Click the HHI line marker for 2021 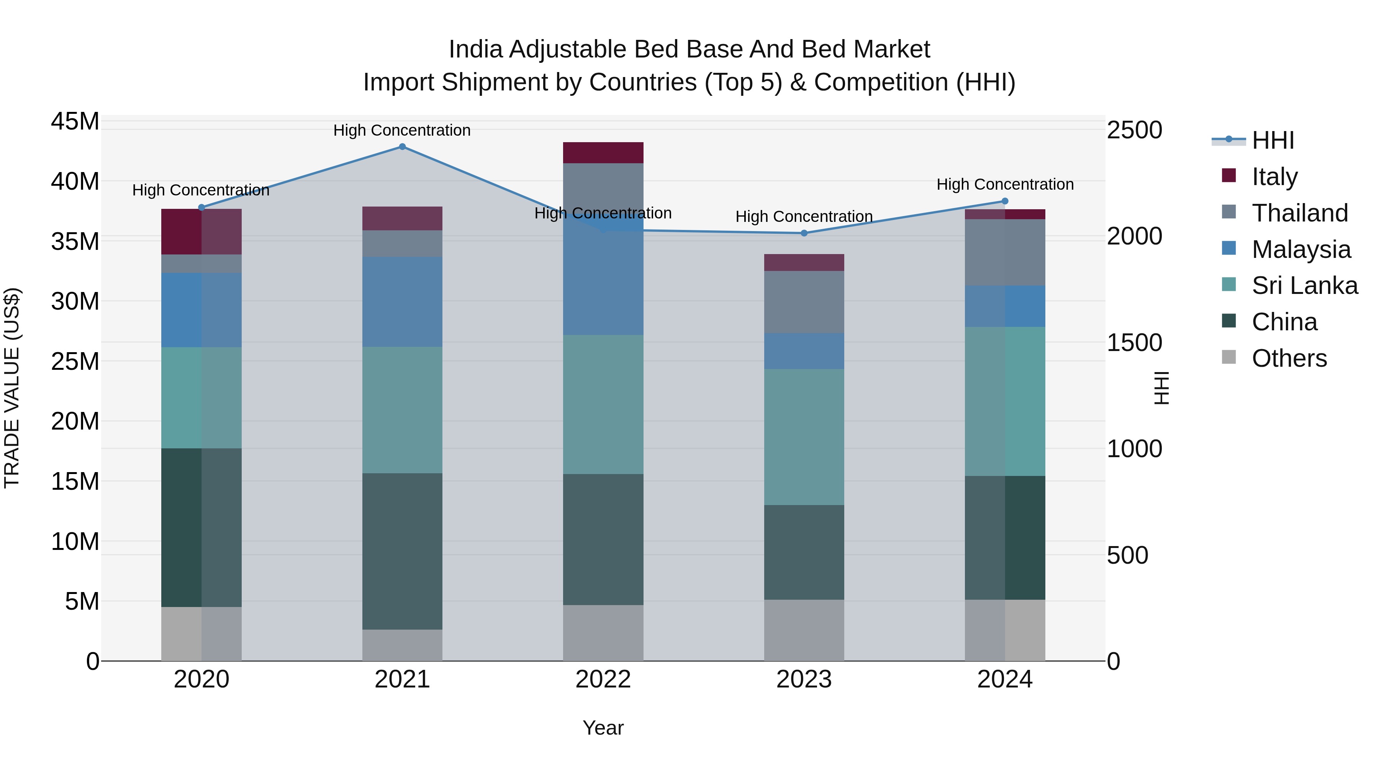point(403,147)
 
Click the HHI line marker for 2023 point(804,233)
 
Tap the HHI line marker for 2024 point(1005,201)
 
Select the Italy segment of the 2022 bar point(603,153)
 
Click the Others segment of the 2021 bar point(403,645)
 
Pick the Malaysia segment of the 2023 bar point(804,351)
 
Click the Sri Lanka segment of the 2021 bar point(403,410)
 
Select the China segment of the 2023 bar point(804,552)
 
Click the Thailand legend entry point(1300,213)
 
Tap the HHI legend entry point(1273,140)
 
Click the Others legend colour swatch point(1229,357)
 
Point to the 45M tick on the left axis point(75,121)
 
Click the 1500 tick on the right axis point(1134,343)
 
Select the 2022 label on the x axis point(603,679)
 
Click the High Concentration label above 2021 point(402,130)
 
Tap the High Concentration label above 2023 point(804,217)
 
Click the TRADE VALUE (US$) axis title point(12,388)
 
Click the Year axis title point(603,728)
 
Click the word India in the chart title point(475,49)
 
